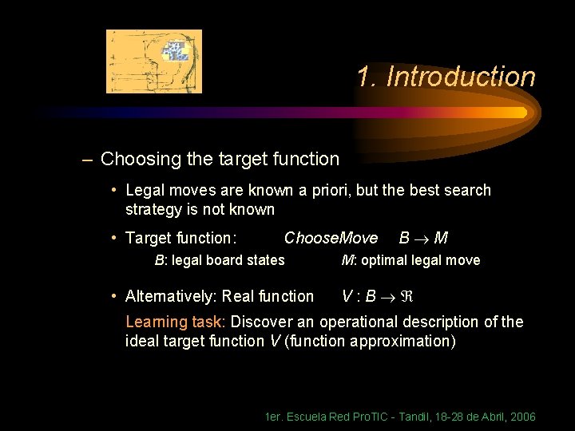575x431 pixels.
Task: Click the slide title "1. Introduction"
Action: point(446,77)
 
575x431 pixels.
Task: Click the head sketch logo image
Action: point(154,61)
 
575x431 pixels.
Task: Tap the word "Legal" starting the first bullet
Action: point(145,191)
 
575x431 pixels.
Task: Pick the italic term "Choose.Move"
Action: point(331,238)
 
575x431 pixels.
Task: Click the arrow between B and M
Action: point(423,238)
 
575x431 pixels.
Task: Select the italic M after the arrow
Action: point(442,238)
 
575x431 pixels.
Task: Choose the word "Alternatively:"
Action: point(171,296)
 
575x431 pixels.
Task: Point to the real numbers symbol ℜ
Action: point(404,296)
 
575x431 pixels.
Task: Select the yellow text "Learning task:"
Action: point(176,322)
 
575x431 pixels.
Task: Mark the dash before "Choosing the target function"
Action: point(86,159)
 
